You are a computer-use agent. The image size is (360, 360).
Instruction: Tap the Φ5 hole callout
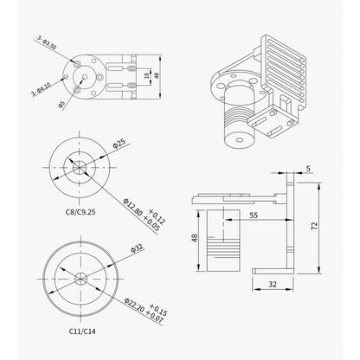[61, 105]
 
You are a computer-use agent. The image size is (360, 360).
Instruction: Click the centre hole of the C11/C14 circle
[80, 278]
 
